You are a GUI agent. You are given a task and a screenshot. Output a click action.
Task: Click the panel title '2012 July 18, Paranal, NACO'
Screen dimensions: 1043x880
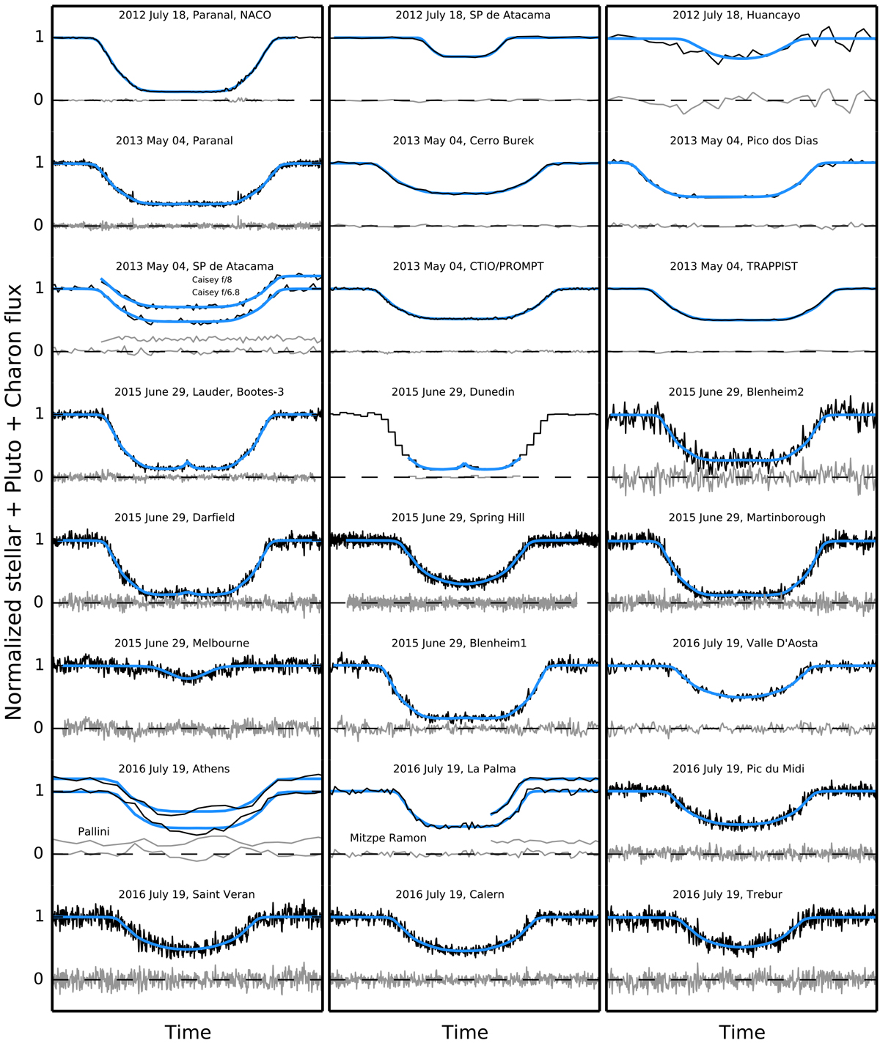[194, 15]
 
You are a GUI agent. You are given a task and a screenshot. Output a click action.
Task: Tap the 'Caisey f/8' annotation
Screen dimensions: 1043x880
[212, 280]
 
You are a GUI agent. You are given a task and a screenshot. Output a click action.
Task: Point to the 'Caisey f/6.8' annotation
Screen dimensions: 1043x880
[216, 292]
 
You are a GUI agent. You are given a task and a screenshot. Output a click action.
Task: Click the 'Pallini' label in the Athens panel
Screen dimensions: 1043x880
[94, 831]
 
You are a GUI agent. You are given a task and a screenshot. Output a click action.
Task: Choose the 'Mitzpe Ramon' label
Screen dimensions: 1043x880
[388, 838]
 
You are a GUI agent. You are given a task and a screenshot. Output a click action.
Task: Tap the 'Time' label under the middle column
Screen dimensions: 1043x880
[465, 1032]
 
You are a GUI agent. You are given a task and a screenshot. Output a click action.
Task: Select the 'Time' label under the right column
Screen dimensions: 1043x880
[742, 1032]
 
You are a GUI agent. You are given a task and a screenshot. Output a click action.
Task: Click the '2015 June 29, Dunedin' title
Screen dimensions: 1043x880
[452, 392]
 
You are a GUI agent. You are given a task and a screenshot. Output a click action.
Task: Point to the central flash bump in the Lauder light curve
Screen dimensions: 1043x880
[187, 462]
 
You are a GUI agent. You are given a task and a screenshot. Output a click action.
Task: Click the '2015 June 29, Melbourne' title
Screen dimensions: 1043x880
[181, 644]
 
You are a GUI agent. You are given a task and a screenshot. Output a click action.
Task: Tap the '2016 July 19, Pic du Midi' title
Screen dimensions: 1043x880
[738, 769]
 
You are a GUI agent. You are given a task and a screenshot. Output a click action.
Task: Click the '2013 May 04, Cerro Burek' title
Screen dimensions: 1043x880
[463, 141]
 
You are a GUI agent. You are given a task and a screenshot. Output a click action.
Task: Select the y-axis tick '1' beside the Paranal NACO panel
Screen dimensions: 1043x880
[39, 37]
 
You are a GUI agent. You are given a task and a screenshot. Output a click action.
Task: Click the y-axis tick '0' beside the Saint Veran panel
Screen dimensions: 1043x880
[39, 978]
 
